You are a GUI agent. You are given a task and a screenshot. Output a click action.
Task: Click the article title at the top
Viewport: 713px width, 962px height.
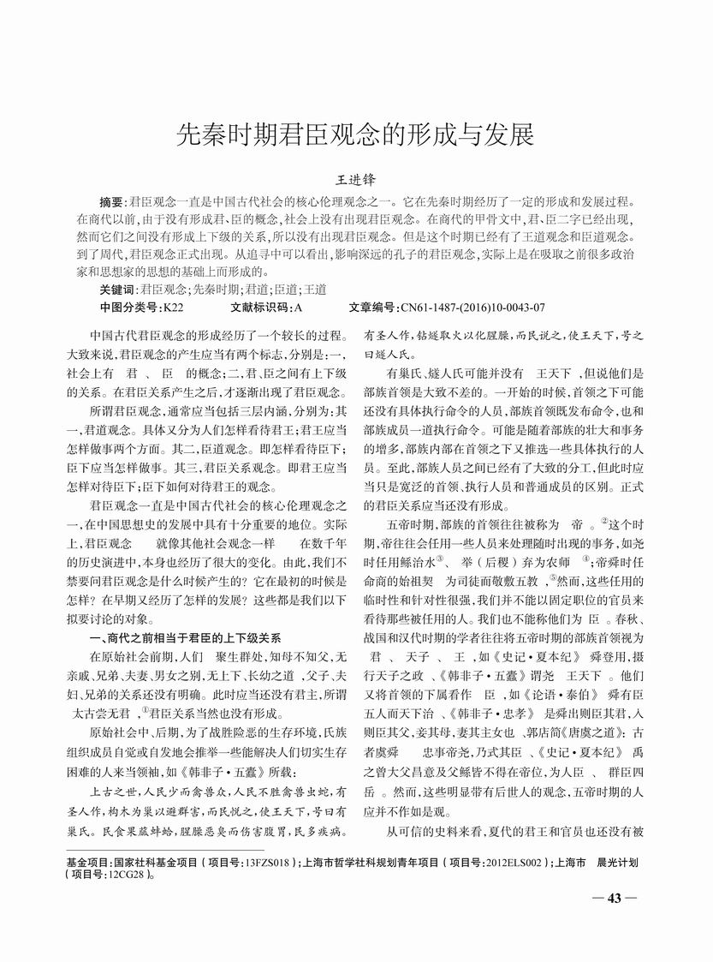[355, 134]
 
